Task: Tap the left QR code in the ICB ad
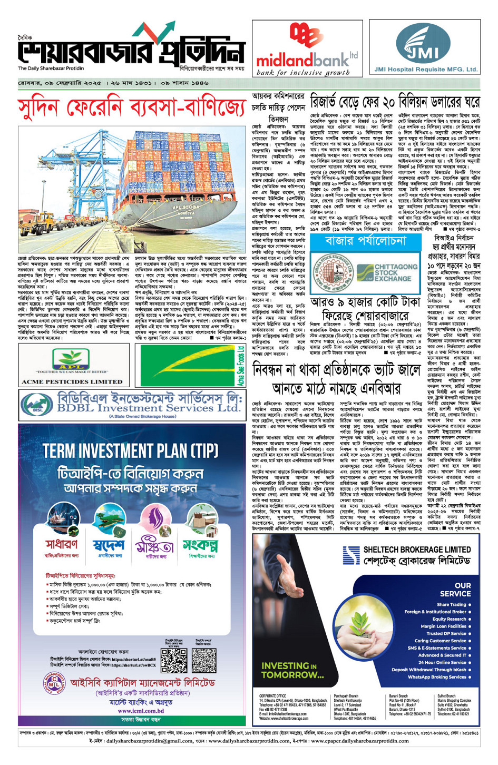[x=174, y=661]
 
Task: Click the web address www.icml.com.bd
[x=141, y=710]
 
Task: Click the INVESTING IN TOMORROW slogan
[x=292, y=670]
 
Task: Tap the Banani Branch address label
[x=398, y=696]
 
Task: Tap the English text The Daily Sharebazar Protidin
[x=51, y=68]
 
